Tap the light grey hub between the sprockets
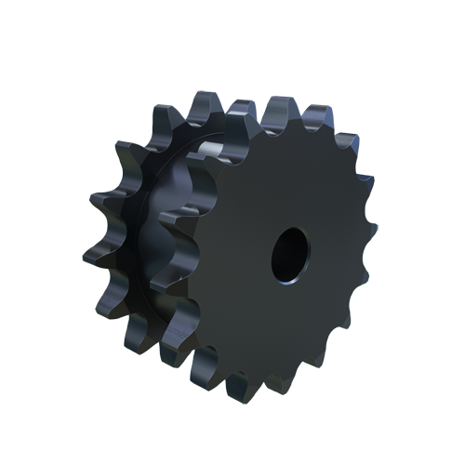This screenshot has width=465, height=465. click(x=211, y=148)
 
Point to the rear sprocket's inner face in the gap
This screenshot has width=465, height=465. click(x=172, y=232)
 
